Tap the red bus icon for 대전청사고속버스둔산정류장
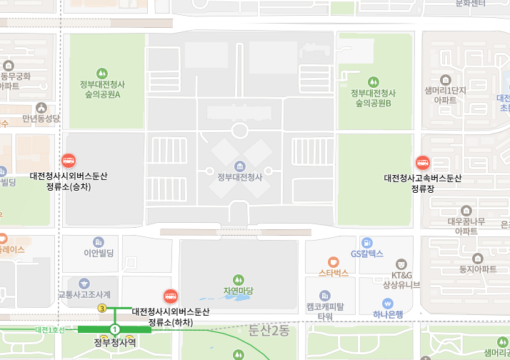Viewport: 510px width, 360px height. click(x=422, y=163)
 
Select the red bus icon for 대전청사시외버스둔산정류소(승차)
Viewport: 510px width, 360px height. click(x=69, y=161)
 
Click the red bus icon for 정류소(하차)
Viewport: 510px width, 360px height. click(x=170, y=296)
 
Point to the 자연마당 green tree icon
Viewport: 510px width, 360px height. click(x=239, y=279)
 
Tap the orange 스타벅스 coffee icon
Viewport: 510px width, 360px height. click(x=333, y=262)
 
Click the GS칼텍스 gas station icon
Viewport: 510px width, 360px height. click(x=367, y=243)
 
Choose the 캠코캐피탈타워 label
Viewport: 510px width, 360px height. click(x=325, y=311)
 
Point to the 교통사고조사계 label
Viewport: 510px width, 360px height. click(x=84, y=294)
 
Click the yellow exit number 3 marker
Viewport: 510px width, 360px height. click(x=102, y=308)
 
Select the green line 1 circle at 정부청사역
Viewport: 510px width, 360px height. click(x=114, y=329)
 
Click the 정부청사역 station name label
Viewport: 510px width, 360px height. click(x=114, y=342)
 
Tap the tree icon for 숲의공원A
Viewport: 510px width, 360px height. click(x=101, y=73)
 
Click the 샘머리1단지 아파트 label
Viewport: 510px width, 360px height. click(x=445, y=95)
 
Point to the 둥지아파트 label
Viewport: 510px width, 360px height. click(x=478, y=269)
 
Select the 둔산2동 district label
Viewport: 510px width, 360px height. click(x=269, y=330)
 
